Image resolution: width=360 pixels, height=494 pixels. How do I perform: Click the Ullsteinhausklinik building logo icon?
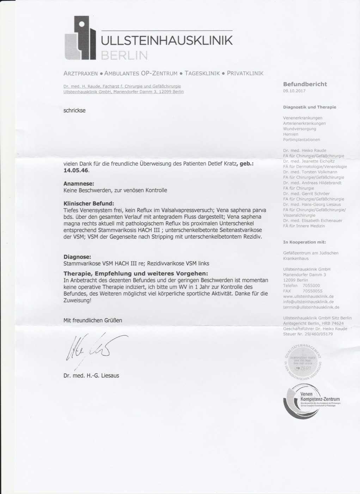pos(80,38)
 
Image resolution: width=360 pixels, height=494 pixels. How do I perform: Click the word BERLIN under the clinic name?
pos(124,55)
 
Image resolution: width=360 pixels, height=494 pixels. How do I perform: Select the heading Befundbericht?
pos(305,84)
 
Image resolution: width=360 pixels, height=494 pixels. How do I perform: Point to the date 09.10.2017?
pos(294,91)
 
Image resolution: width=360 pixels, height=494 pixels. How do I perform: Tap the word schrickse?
pos(74,110)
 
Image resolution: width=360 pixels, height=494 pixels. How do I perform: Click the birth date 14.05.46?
pos(77,170)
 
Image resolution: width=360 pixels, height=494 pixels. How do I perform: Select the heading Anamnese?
pos(79,184)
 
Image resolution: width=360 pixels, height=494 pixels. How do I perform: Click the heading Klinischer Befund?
pos(89,203)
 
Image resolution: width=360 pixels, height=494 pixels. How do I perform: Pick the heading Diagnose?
pos(77,257)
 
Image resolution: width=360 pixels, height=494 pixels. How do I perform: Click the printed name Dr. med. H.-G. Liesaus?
pos(91,375)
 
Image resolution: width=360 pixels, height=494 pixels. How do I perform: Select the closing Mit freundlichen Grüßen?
pos(92,320)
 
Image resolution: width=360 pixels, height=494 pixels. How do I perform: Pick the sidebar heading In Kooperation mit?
pos(304,242)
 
